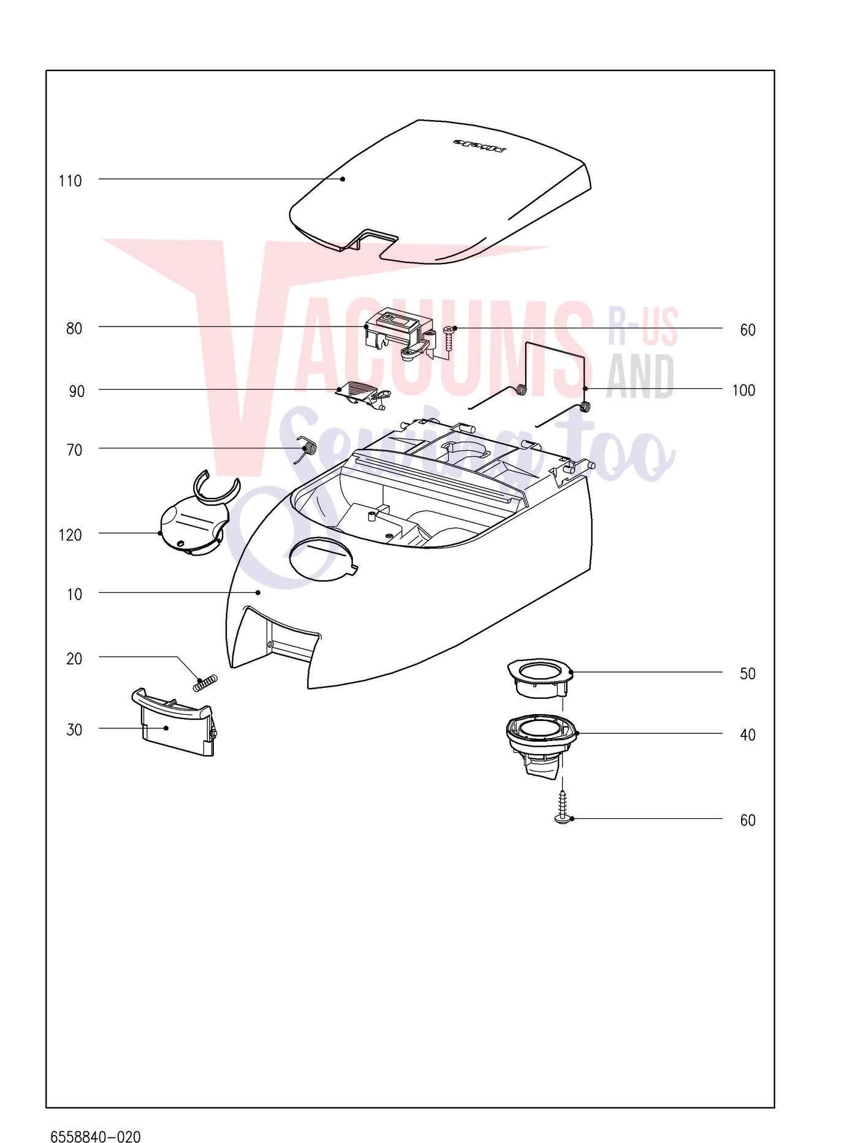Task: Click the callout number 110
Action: (70, 181)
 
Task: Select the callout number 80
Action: (74, 328)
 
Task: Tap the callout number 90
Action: (77, 391)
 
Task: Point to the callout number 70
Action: (74, 450)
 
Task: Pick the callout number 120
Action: (70, 535)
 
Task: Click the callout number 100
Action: (743, 390)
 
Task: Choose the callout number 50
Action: (748, 674)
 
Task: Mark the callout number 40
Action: (748, 734)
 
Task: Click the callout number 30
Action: (74, 730)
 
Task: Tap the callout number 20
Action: (74, 658)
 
